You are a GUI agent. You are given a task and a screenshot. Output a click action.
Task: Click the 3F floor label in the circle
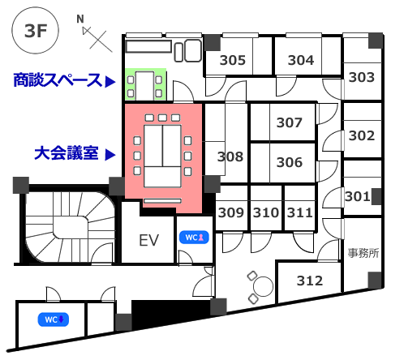click(36, 31)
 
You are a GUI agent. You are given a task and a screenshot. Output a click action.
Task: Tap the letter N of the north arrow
click(80, 19)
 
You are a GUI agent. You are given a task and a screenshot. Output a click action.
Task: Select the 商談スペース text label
click(58, 80)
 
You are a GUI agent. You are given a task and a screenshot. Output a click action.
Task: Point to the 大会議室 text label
click(67, 153)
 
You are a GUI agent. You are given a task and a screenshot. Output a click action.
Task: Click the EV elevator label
click(148, 240)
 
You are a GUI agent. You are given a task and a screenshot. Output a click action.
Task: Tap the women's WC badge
click(194, 238)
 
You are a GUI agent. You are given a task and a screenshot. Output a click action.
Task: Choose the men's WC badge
click(54, 319)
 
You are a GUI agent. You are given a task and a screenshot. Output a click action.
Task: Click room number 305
click(233, 60)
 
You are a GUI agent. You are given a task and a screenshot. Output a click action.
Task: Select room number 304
click(301, 60)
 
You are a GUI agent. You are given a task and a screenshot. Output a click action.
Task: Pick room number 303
click(362, 77)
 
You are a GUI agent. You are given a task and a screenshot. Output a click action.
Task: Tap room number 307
click(289, 122)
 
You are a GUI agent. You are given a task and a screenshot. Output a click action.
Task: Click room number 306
click(289, 162)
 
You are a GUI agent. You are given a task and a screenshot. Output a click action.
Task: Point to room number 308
click(230, 156)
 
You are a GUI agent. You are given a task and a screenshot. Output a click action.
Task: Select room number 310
click(266, 212)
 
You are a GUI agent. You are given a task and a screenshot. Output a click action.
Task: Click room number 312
click(310, 281)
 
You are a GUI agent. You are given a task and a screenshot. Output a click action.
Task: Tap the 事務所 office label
click(363, 253)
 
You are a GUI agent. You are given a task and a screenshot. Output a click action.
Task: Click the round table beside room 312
click(263, 286)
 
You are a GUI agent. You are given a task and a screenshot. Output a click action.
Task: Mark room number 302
click(362, 135)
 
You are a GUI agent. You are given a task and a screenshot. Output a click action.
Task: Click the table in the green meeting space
click(144, 86)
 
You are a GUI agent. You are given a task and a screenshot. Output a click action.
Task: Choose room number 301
click(358, 196)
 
